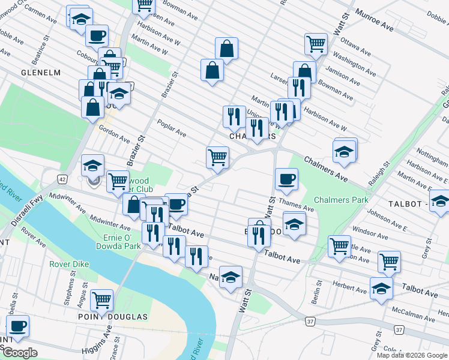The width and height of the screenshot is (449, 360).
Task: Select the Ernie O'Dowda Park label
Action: click(119, 241)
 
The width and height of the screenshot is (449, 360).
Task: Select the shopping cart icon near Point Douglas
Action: click(101, 298)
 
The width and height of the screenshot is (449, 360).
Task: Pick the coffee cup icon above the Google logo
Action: click(17, 326)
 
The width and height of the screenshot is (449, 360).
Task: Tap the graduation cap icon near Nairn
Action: click(231, 277)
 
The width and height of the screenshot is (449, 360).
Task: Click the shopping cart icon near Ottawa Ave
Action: click(316, 43)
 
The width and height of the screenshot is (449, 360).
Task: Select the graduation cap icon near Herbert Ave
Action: click(381, 289)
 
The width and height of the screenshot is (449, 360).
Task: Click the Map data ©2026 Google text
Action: click(412, 355)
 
